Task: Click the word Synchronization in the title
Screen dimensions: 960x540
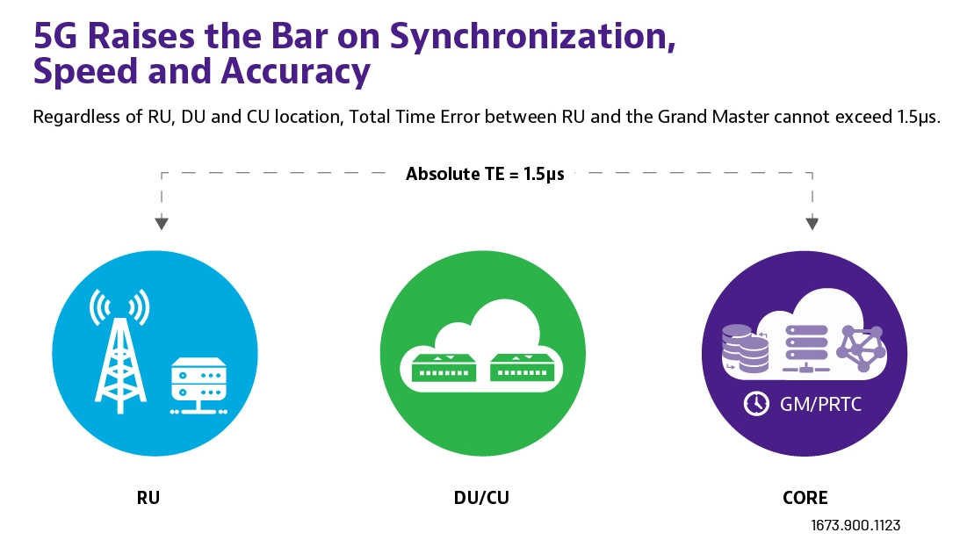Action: [532, 38]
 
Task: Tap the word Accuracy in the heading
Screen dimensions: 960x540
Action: [296, 72]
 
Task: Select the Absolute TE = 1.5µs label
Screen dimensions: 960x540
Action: [485, 174]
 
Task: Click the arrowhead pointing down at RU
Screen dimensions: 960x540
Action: [162, 223]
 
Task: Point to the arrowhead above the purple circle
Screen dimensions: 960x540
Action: [812, 223]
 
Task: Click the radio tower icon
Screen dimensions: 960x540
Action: [120, 351]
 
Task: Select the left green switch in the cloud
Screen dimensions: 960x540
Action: [444, 368]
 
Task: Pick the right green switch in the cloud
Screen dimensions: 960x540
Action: [522, 368]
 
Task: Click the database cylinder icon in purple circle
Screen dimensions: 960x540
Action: [746, 349]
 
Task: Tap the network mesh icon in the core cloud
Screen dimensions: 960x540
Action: [862, 349]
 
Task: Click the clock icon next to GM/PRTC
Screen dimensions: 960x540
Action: [757, 404]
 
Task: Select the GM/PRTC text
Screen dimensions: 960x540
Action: [820, 404]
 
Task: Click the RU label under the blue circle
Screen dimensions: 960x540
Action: [148, 498]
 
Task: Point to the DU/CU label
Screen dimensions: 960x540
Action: [481, 498]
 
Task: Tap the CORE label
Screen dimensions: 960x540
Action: [805, 498]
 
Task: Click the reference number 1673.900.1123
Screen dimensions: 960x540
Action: [855, 525]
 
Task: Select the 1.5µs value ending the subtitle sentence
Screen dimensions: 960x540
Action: [919, 117]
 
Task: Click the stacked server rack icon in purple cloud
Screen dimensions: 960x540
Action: [806, 349]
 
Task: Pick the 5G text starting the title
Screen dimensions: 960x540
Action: [55, 37]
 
